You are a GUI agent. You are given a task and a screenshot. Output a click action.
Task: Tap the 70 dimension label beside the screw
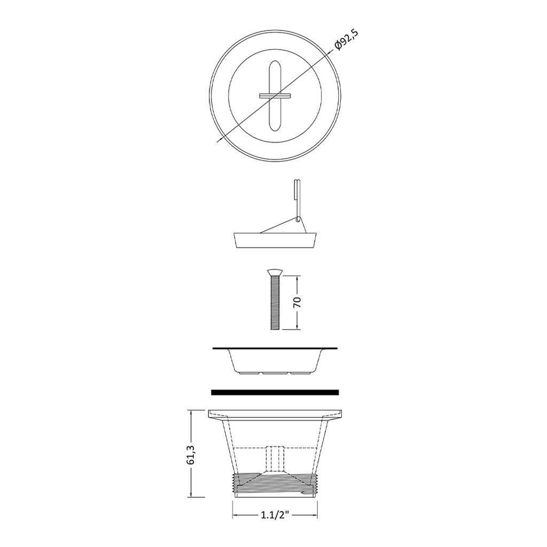[x=297, y=302]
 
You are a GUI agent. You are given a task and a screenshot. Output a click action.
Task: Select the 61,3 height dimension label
[x=191, y=454]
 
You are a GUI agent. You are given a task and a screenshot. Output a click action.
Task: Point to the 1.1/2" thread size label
[x=275, y=515]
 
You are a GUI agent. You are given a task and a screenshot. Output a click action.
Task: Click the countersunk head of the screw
[x=275, y=272]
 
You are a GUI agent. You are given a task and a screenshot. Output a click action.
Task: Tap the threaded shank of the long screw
[x=275, y=302]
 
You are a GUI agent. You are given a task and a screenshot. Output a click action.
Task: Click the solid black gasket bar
[x=275, y=392]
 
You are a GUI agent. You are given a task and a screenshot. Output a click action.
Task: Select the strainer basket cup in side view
[x=275, y=361]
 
